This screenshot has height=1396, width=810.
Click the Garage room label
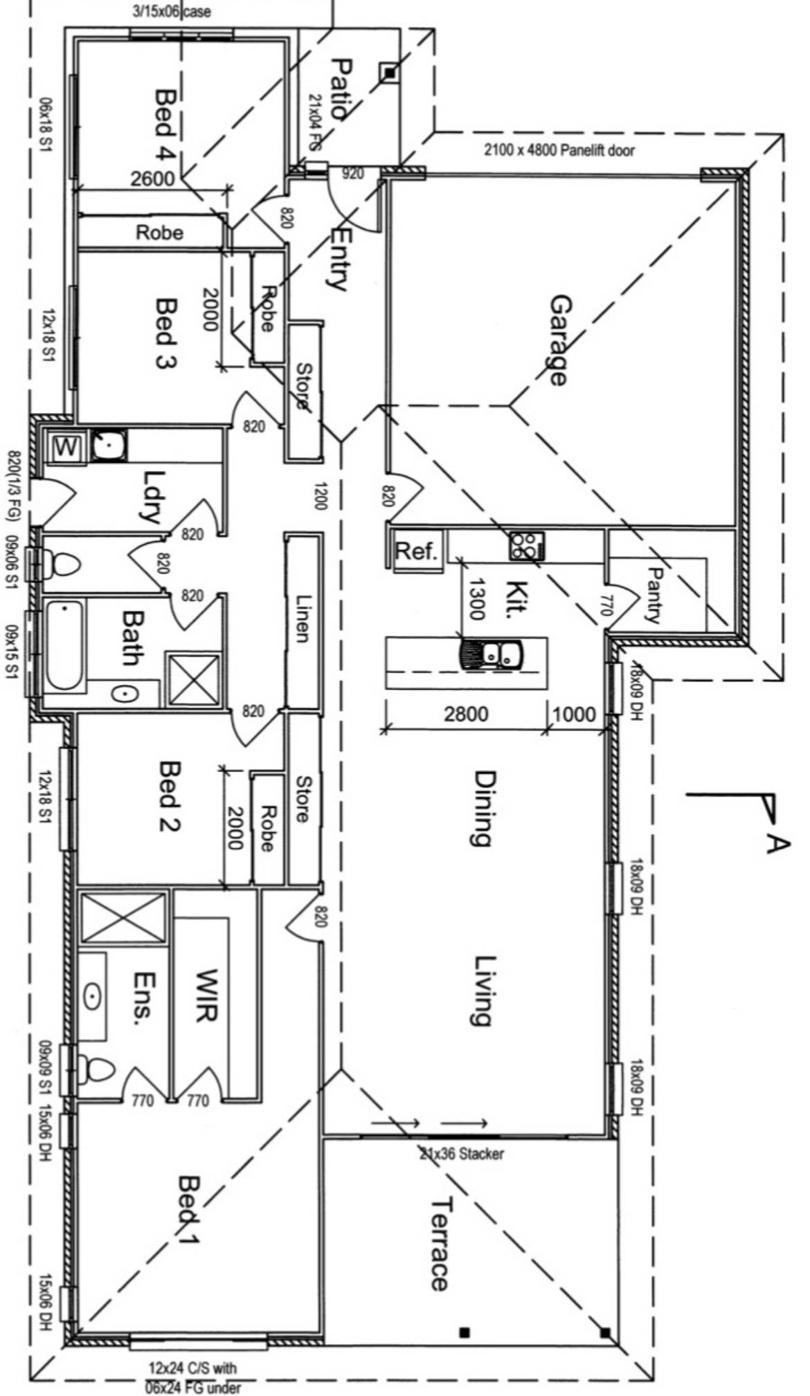point(559,339)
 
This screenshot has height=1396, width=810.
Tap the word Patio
point(342,90)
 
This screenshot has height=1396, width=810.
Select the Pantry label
point(654,594)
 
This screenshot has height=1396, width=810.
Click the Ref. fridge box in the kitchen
point(416,551)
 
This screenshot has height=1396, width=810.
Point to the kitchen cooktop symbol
point(527,545)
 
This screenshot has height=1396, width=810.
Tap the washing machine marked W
point(66,447)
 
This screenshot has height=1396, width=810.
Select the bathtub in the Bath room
point(64,645)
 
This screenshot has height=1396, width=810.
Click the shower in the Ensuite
point(123,917)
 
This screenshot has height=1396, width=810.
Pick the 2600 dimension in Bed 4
point(153,178)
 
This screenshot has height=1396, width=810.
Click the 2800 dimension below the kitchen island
point(465,713)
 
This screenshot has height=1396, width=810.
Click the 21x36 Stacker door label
point(462,1153)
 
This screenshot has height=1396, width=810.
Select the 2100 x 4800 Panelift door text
point(559,149)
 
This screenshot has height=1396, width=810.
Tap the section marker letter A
point(777,843)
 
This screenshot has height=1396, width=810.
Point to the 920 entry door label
point(352,174)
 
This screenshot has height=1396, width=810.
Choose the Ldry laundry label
point(153,495)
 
